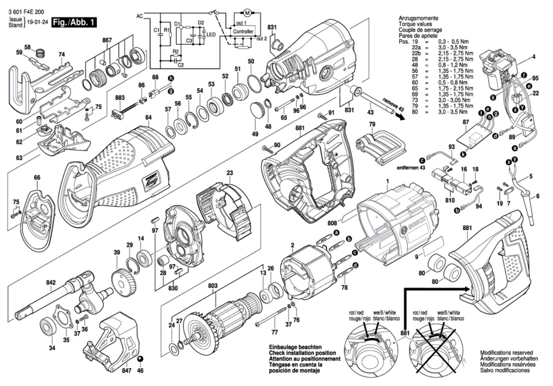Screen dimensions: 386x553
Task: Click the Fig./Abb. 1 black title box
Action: [74, 22]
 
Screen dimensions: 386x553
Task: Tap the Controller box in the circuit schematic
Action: [243, 31]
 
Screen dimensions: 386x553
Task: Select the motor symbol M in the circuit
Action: [247, 13]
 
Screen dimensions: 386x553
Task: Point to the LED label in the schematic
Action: [211, 35]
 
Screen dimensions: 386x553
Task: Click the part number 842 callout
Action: [51, 283]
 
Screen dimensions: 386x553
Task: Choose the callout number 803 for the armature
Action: [213, 286]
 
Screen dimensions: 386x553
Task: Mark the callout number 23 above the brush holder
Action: [230, 173]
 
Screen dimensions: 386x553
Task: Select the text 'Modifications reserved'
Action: [506, 353]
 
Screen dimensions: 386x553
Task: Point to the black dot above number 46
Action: [140, 359]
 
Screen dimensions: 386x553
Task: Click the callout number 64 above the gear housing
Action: [148, 117]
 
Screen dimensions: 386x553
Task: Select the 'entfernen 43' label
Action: [411, 168]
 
